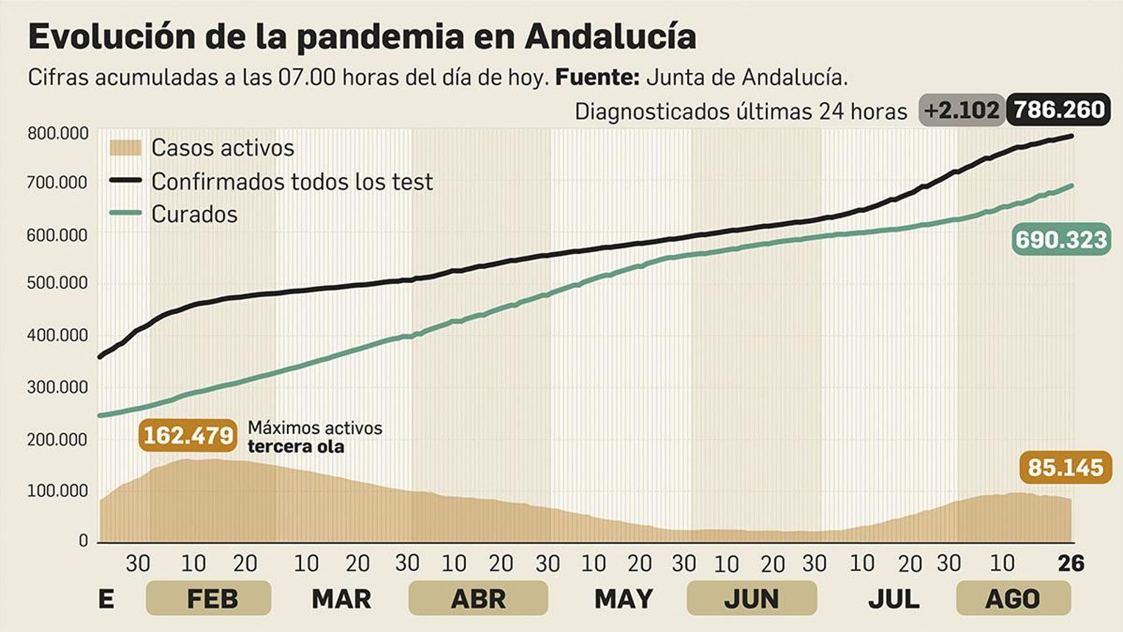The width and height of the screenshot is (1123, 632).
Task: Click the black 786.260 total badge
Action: coord(1058,110)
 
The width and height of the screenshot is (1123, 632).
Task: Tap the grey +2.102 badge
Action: coord(961,110)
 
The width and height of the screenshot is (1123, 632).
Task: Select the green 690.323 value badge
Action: coord(1061,239)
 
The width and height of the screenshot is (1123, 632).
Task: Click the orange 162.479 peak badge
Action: coord(188,435)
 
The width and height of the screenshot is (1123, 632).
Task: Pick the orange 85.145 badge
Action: coord(1065,468)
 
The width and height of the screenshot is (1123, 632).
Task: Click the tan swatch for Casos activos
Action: coord(126,147)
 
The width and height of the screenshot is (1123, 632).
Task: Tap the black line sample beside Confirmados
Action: coord(126,181)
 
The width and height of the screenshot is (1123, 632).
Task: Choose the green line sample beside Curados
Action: coord(126,213)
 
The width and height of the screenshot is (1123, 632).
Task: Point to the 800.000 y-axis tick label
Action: coord(58,133)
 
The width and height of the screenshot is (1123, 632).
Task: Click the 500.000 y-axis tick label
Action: coord(58,283)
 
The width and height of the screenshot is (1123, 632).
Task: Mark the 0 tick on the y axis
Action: coord(84,541)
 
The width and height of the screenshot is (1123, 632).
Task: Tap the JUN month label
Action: coord(751,599)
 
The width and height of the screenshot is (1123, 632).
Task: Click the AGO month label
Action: coord(1013,599)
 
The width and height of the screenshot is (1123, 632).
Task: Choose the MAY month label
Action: coord(623,599)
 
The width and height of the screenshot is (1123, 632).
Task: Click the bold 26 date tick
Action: coord(1071,563)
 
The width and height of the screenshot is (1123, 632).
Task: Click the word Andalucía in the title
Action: coord(610,37)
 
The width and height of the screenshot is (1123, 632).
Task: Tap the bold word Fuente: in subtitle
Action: coord(597,77)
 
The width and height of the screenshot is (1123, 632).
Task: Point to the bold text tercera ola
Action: coord(295,447)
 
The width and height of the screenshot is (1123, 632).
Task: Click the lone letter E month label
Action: coord(106,599)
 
